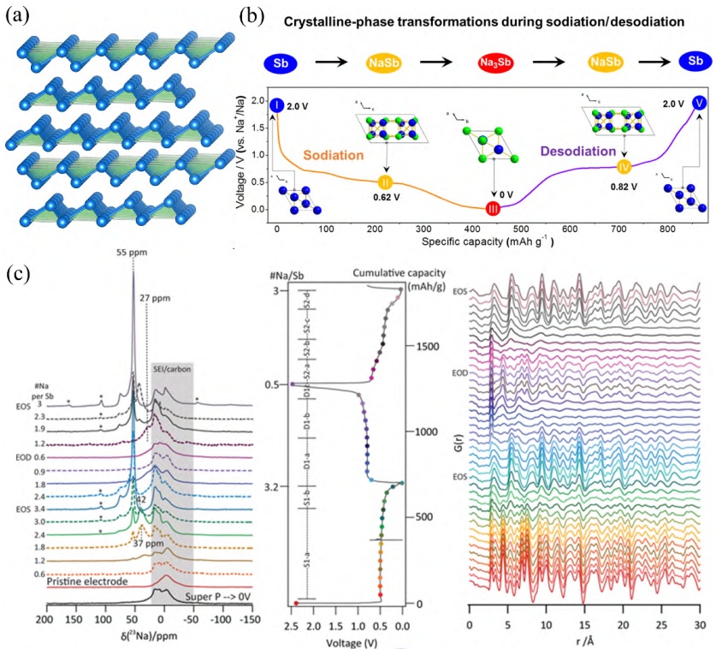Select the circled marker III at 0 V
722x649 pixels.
point(494,208)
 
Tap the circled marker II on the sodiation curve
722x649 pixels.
point(385,182)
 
